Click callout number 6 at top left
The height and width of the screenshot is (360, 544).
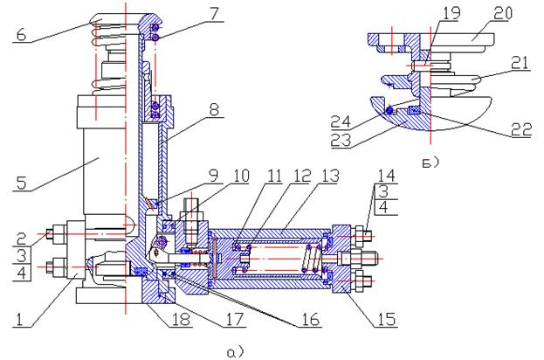pos(22,35)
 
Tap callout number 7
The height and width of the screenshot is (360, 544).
pos(214,14)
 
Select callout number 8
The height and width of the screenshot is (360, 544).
pos(214,110)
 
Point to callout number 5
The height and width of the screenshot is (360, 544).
pos(22,183)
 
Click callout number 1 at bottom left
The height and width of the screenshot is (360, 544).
pos(19,320)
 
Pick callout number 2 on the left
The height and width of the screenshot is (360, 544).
pos(21,239)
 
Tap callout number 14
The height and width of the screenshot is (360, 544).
pos(386,176)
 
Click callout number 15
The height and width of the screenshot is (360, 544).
pos(386,320)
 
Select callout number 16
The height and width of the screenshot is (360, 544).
pos(310,320)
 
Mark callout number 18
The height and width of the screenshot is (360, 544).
pos(181,320)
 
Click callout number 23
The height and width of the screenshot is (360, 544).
pos(341,140)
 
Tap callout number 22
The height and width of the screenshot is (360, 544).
pos(521,130)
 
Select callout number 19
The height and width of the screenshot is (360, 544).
pos(451,13)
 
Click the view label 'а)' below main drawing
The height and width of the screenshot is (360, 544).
pos(236,352)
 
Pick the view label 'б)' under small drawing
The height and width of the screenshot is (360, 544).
pos(430,163)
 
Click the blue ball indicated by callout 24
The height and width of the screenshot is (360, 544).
pos(390,110)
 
